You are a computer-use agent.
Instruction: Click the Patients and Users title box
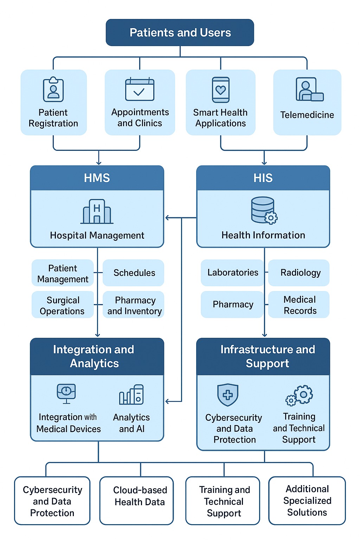click(180, 33)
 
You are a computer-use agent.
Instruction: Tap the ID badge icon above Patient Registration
click(53, 90)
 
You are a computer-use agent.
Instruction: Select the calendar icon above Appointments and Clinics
click(140, 89)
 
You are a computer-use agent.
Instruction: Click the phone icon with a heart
click(220, 90)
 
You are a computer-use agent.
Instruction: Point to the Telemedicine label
click(307, 115)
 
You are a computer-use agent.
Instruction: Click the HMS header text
click(97, 178)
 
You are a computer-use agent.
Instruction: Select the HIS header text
click(263, 178)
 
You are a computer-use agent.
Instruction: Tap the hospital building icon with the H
click(97, 212)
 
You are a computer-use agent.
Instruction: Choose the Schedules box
click(134, 273)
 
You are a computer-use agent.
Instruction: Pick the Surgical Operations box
click(62, 305)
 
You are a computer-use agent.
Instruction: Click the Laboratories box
click(232, 272)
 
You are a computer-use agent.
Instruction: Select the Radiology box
click(300, 273)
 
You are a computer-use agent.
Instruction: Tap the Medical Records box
click(300, 305)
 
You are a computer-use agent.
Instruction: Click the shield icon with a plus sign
click(228, 395)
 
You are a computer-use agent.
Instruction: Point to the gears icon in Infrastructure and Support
click(300, 395)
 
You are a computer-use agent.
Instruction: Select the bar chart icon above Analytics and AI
click(131, 395)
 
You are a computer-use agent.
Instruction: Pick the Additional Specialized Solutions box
click(307, 500)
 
